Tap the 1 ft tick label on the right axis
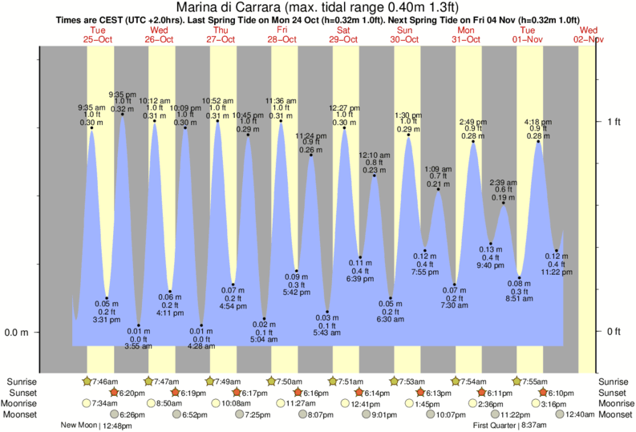pos(614,122)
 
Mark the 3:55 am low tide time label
pos(139,346)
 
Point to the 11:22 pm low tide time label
pos(557,272)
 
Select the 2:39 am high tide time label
pos(503,183)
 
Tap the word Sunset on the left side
pos(22,393)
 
